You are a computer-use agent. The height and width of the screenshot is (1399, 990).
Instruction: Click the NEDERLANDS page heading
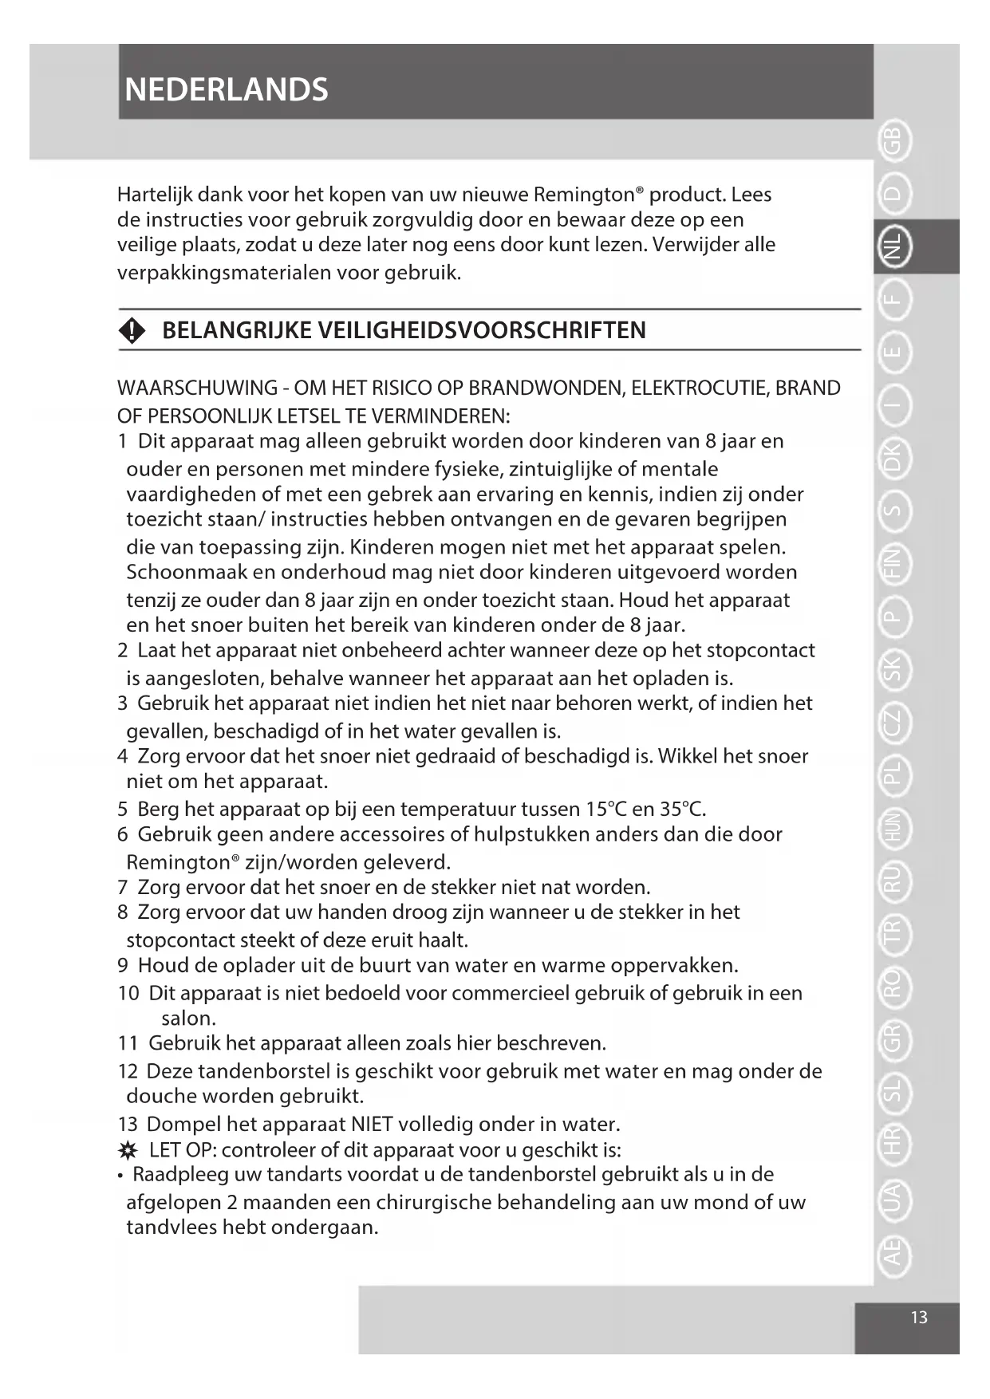(x=227, y=89)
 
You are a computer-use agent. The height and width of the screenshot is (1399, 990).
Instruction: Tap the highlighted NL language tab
(x=894, y=246)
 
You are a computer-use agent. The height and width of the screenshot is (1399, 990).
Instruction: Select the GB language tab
(x=894, y=141)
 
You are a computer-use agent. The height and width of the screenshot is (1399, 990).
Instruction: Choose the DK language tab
(x=894, y=458)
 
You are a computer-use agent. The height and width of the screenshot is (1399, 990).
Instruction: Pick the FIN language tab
(x=894, y=563)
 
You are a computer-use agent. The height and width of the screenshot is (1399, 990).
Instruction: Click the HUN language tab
(x=894, y=827)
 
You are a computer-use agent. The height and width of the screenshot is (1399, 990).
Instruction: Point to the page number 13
(x=919, y=1317)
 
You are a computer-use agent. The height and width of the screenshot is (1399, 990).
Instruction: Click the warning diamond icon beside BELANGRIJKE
(x=132, y=330)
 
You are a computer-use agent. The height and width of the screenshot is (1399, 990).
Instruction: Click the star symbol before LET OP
(x=128, y=1151)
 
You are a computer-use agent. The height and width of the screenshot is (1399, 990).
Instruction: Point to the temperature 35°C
(x=682, y=809)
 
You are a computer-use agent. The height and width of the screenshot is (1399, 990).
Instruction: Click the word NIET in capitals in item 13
(x=372, y=1124)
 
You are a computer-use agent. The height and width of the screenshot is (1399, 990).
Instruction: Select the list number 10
(x=128, y=993)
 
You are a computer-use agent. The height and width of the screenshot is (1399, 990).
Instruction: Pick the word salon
(x=188, y=1019)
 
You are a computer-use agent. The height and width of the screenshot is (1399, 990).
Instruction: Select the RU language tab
(x=894, y=880)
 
